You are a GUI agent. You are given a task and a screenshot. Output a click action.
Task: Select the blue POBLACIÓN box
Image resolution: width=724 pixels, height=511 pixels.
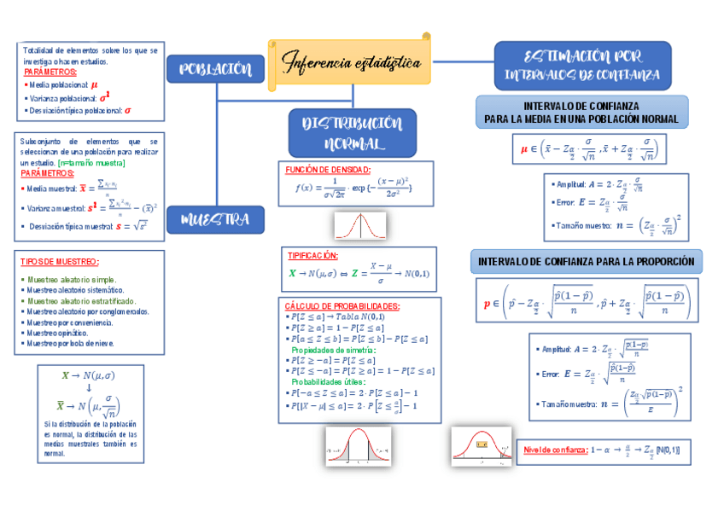coord(215,69)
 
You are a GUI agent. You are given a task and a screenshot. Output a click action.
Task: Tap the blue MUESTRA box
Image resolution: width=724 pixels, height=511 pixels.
coord(215,220)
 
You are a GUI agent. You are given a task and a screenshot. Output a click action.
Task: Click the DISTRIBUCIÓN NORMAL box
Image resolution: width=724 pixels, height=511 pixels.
coord(353,134)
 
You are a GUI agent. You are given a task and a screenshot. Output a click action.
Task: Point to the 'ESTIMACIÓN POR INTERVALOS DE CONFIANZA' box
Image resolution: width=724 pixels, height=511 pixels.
coord(582,66)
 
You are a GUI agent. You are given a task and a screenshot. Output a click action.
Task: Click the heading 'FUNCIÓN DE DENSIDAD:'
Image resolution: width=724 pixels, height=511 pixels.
coord(328,170)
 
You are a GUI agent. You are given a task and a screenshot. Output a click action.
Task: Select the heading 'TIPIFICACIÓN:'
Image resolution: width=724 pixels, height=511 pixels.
coord(313,256)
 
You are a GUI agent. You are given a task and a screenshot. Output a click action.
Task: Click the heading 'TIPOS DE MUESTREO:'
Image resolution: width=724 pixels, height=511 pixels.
coord(60,262)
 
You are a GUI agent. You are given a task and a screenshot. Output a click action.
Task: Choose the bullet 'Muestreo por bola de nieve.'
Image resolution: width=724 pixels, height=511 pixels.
coord(70,344)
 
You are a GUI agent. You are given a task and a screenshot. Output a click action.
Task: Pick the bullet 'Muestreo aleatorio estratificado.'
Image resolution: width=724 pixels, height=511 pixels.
coord(81,301)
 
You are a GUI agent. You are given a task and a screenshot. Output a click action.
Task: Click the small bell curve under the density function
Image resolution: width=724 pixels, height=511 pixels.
coord(359,226)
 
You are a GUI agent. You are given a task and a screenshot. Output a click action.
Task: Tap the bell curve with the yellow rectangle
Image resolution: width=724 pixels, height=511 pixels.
coord(481,445)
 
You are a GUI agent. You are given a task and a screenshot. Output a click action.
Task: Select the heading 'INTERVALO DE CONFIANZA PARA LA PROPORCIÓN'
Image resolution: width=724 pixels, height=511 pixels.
coord(586,261)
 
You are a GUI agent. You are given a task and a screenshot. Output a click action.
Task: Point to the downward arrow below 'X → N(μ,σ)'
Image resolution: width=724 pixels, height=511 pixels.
coord(89,387)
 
